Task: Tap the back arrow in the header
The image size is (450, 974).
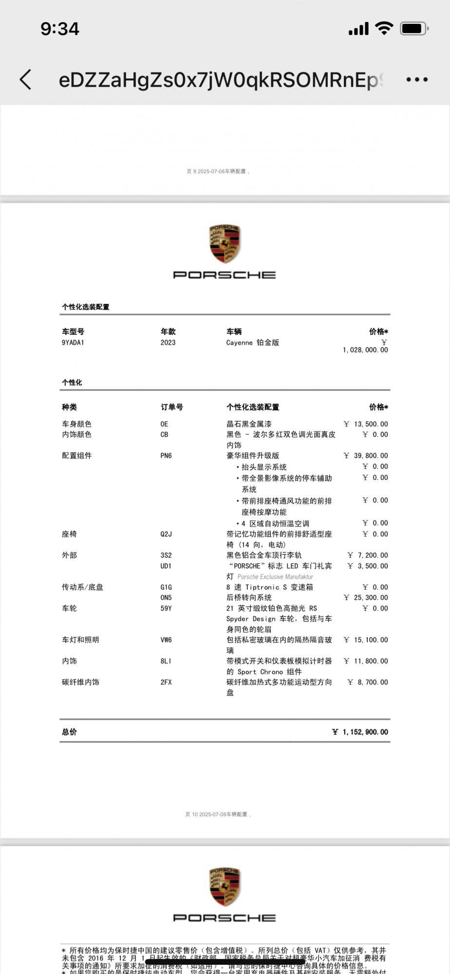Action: (x=26, y=79)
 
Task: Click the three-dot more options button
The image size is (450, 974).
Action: (x=417, y=79)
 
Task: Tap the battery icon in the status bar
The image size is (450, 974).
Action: (x=413, y=29)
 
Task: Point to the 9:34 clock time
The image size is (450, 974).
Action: (x=59, y=29)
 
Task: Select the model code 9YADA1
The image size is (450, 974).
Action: (x=73, y=342)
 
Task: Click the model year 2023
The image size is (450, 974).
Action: (x=168, y=342)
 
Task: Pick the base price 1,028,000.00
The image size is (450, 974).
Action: (x=365, y=350)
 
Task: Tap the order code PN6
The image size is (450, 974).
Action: (x=166, y=456)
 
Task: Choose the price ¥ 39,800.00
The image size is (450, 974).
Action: (x=366, y=456)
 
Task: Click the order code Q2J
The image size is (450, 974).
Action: (x=166, y=534)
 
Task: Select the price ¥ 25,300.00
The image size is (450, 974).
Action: (x=366, y=598)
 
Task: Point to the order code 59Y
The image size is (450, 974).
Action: (x=166, y=608)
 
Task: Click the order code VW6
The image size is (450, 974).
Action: (x=166, y=640)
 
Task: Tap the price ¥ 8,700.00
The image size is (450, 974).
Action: (x=368, y=682)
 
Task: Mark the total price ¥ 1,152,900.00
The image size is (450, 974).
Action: (x=360, y=732)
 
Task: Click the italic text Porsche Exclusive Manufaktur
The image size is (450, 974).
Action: (x=275, y=577)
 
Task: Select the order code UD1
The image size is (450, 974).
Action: (x=166, y=566)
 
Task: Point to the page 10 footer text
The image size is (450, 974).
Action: (x=218, y=814)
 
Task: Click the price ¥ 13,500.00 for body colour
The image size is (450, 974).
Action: (x=366, y=424)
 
